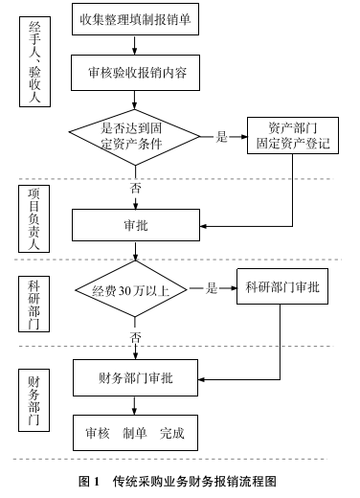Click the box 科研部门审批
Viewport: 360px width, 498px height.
click(x=282, y=287)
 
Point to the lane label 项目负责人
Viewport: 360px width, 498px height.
click(x=34, y=219)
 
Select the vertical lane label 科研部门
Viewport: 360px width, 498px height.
click(x=34, y=304)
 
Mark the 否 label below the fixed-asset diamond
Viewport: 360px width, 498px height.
click(x=135, y=188)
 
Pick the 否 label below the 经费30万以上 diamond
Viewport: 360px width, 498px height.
click(x=135, y=338)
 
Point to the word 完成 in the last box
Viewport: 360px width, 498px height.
click(x=172, y=432)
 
